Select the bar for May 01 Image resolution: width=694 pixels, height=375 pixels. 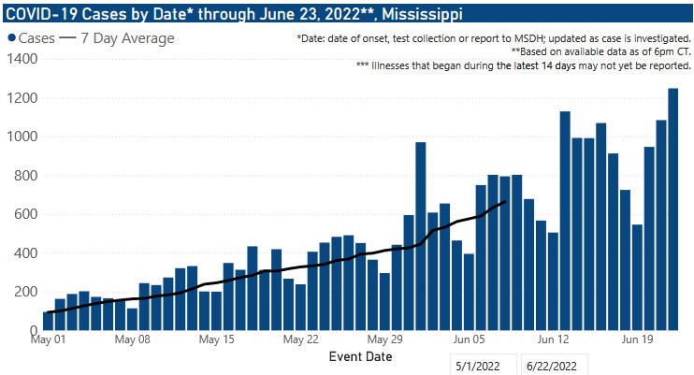coord(49,321)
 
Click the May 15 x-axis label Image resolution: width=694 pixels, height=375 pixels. coord(216,340)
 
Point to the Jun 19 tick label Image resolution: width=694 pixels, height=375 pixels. coord(636,340)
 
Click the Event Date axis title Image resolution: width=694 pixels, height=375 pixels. coord(360,356)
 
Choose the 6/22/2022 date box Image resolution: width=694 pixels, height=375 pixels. coord(556,366)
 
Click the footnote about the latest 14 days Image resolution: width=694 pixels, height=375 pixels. coord(523,66)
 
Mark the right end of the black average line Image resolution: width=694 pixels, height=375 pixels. coord(505,201)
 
